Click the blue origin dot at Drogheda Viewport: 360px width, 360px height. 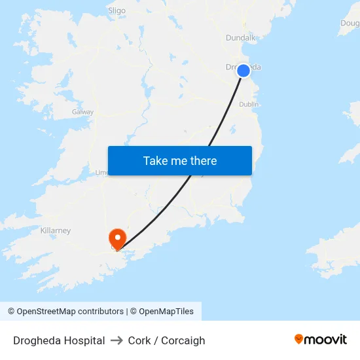pyautogui.click(x=243, y=70)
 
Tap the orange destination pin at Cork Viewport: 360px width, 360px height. pyautogui.click(x=118, y=238)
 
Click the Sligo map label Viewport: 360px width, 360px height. pyautogui.click(x=117, y=10)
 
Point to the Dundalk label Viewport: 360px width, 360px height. pyautogui.click(x=240, y=38)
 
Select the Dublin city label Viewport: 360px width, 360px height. pyautogui.click(x=249, y=104)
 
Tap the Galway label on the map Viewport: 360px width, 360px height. pyautogui.click(x=83, y=112)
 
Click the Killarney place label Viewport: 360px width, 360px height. pyautogui.click(x=56, y=230)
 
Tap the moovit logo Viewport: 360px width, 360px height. pyautogui.click(x=321, y=340)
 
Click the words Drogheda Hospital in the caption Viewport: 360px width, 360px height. pyautogui.click(x=59, y=340)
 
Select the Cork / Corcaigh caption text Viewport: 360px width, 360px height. pyautogui.click(x=166, y=340)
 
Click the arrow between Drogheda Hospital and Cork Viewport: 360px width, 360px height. pyautogui.click(x=117, y=340)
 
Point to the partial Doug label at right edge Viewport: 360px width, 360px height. pyautogui.click(x=350, y=24)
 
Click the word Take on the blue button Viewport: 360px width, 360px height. pyautogui.click(x=154, y=161)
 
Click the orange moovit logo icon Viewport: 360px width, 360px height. pyautogui.click(x=299, y=339)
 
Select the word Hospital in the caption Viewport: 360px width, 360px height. pyautogui.click(x=81, y=340)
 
